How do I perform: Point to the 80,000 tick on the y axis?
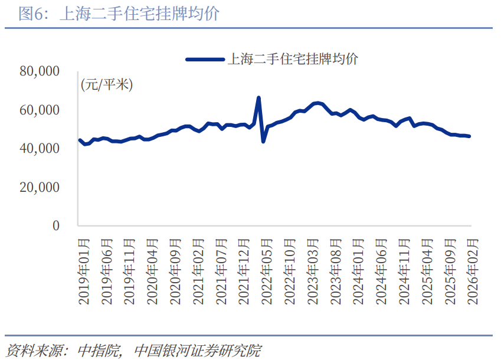40,71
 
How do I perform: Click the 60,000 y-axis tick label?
40,110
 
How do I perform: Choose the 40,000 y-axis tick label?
40,149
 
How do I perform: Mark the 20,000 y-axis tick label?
40,187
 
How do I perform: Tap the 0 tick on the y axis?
56,225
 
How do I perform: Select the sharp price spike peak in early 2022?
258,98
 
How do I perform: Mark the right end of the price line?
469,136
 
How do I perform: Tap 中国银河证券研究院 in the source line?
198,349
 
